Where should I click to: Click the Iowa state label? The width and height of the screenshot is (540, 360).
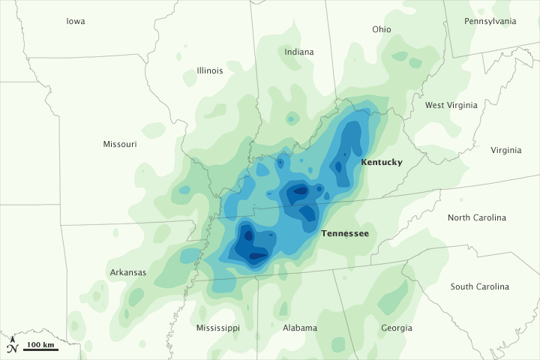click(x=76, y=21)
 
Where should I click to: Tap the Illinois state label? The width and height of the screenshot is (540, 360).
click(x=210, y=70)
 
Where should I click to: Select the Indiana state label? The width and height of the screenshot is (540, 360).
click(x=299, y=52)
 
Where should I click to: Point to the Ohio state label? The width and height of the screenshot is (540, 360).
click(x=382, y=29)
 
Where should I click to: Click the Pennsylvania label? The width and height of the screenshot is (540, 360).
click(x=490, y=21)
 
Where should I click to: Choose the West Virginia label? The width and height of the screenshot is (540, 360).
click(x=451, y=105)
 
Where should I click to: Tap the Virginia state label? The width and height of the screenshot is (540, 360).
click(x=506, y=150)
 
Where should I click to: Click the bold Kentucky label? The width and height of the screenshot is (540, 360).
click(x=382, y=162)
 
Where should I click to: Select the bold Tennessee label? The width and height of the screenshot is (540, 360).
click(x=345, y=233)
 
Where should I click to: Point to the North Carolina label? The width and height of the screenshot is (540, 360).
click(x=477, y=217)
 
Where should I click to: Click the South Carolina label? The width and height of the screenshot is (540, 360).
click(x=480, y=286)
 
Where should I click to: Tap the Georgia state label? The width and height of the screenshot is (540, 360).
click(x=396, y=328)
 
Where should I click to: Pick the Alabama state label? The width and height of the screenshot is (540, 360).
click(x=300, y=328)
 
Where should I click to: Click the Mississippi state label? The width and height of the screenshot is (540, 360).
click(x=218, y=328)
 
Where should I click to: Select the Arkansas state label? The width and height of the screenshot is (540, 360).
click(x=127, y=272)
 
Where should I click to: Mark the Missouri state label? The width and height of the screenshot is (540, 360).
click(x=120, y=144)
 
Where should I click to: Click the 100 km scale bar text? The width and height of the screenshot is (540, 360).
click(x=41, y=344)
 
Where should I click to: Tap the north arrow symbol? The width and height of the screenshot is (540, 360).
click(x=12, y=339)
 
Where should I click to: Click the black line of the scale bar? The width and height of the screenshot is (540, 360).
click(x=41, y=350)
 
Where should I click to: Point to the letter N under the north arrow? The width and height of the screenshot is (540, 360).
click(x=12, y=349)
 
